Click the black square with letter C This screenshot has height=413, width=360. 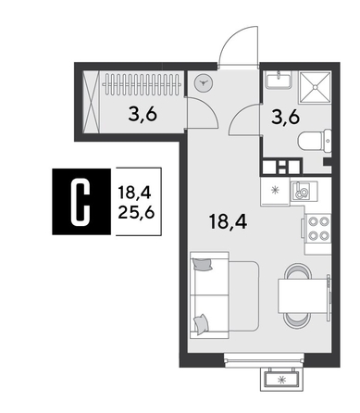pyautogui.click(x=81, y=201)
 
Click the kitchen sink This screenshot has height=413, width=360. pyautogui.click(x=301, y=192)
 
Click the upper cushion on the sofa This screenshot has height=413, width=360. pyautogui.click(x=204, y=265)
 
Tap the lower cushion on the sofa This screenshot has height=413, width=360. pyautogui.click(x=201, y=323)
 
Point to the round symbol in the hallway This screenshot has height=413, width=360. pyautogui.click(x=204, y=81)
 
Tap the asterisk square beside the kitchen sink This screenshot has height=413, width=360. pyautogui.click(x=274, y=190)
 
